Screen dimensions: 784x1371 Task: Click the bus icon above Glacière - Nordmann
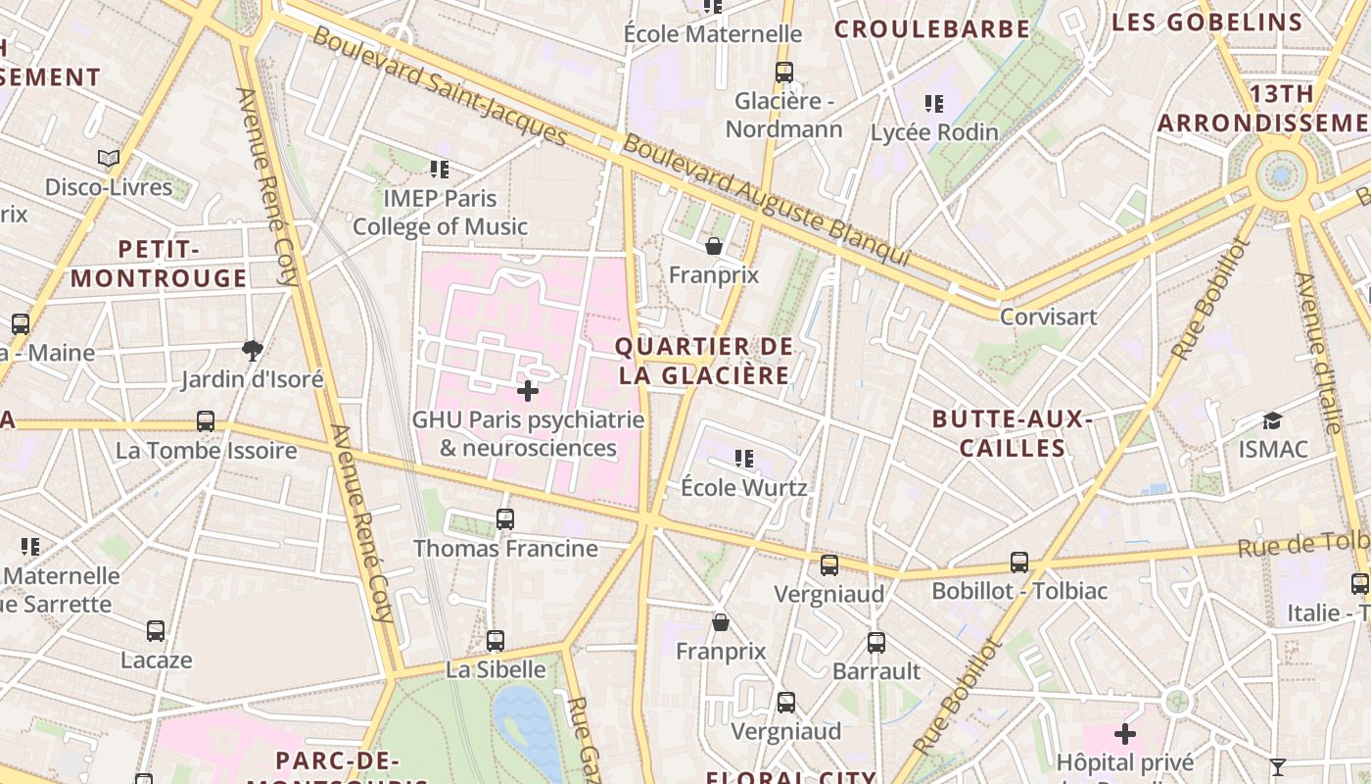point(783,72)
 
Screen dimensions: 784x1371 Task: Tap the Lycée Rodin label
point(934,132)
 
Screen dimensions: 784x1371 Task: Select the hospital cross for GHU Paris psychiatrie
point(528,391)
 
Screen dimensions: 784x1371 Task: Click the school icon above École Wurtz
point(744,458)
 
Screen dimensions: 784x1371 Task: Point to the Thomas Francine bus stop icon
point(505,519)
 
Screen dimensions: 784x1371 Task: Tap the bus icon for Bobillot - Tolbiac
point(1019,563)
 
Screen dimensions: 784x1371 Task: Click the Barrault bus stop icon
point(876,643)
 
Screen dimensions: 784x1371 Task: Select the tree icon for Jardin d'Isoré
point(252,350)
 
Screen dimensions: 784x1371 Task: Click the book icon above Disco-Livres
point(109,158)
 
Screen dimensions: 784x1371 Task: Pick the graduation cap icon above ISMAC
point(1272,420)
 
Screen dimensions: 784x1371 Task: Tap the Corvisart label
point(1048,317)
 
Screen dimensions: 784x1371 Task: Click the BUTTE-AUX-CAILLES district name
point(1013,433)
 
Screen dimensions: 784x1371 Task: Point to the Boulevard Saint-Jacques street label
point(440,85)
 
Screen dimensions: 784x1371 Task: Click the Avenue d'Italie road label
point(1318,353)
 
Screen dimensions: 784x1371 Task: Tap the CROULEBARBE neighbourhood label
point(931,28)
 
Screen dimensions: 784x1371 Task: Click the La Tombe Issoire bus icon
point(206,421)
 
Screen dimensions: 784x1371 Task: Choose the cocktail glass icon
point(1277,766)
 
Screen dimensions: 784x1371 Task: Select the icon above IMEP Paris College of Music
point(440,170)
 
